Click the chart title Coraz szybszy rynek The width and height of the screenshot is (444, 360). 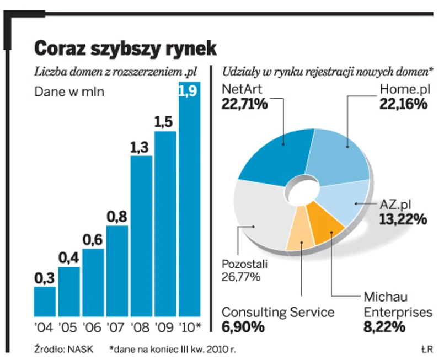coord(125,49)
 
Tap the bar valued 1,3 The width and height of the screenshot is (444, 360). coord(141,237)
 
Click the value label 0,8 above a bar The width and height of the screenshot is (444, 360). coord(117,217)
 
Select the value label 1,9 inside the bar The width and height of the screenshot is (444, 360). coord(189,90)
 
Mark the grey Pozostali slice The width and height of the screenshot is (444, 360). coord(259,215)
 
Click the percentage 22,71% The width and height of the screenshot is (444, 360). coord(244,103)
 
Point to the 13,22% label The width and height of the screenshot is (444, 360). coord(403,219)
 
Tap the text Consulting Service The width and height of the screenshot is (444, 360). coord(278,312)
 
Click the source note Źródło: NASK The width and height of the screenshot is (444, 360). coord(61,348)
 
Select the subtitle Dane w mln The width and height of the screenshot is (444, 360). coord(69,92)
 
